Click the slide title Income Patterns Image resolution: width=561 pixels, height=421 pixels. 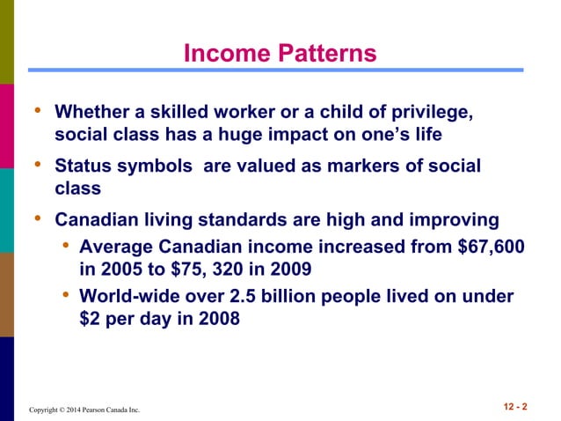pos(280,55)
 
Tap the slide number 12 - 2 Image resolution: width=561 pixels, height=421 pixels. pos(514,406)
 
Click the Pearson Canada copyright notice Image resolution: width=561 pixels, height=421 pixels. pos(84,410)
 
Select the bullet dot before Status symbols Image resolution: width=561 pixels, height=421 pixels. pos(37,165)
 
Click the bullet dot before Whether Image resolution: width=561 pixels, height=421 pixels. pos(37,111)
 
